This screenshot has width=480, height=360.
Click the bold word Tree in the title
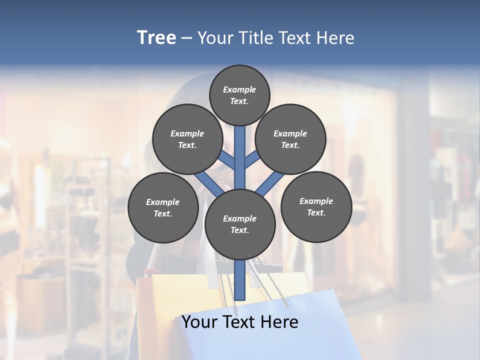(x=156, y=38)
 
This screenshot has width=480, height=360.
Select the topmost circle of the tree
(x=239, y=95)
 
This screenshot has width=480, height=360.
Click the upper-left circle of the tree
(x=187, y=139)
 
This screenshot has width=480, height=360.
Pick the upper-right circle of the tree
(x=290, y=139)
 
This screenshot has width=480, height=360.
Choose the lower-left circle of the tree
(x=163, y=207)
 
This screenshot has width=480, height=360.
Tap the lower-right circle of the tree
(x=316, y=206)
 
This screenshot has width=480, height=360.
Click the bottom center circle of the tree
(x=240, y=224)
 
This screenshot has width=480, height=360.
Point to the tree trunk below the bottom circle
(x=240, y=280)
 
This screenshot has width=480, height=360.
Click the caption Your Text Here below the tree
(x=240, y=322)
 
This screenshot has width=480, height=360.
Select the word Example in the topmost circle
(x=239, y=89)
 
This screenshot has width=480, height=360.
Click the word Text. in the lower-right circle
(x=316, y=212)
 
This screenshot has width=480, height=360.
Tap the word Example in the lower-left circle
(x=163, y=202)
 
